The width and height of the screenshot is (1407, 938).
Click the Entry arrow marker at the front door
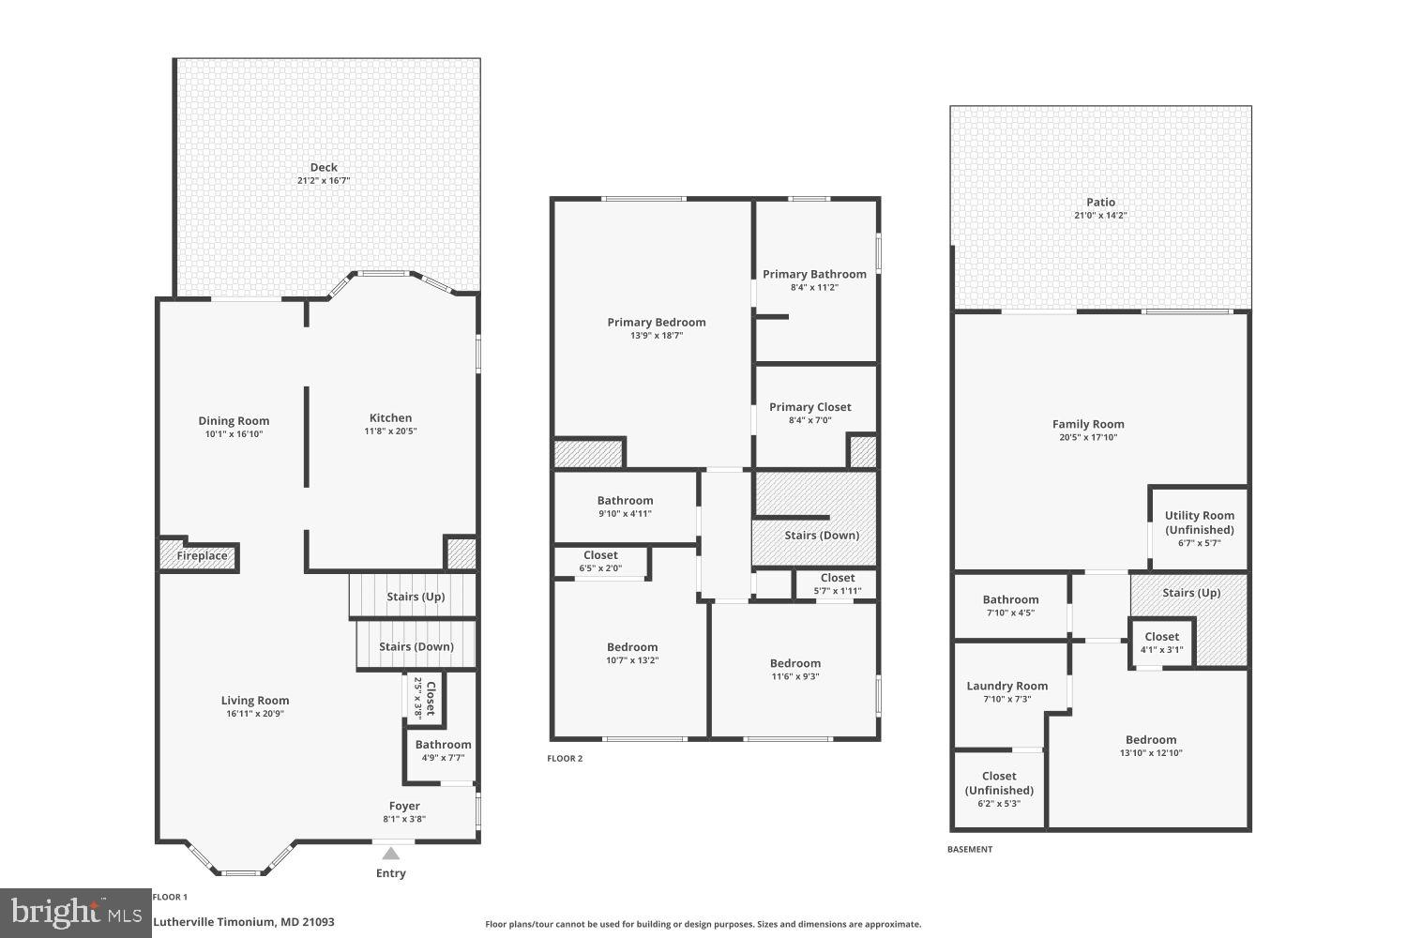pos(391,853)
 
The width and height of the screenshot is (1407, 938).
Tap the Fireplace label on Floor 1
pos(202,556)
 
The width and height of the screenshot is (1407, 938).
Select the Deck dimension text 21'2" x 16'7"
pos(324,180)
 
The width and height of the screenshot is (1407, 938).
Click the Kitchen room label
pos(390,418)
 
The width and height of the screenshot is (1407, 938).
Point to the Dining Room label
pos(234,421)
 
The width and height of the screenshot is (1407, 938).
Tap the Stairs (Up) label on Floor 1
pos(416,597)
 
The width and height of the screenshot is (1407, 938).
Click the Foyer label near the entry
pos(404,806)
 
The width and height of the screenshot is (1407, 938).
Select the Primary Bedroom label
pos(657,323)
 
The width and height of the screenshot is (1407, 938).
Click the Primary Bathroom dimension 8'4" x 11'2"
pos(814,287)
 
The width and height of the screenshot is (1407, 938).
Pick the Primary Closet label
pos(810,407)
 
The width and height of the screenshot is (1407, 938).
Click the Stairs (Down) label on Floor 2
pos(822,536)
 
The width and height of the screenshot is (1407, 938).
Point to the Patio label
pos(1101,203)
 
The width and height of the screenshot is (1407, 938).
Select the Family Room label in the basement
pos(1088,424)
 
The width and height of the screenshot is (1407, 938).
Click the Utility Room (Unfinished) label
pos(1200,522)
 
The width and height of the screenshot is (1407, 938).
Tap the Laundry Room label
pos(1007,686)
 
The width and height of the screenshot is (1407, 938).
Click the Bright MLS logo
pos(75,913)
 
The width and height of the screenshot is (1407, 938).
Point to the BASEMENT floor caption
pos(969,850)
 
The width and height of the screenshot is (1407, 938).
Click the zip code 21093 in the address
pos(316,922)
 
